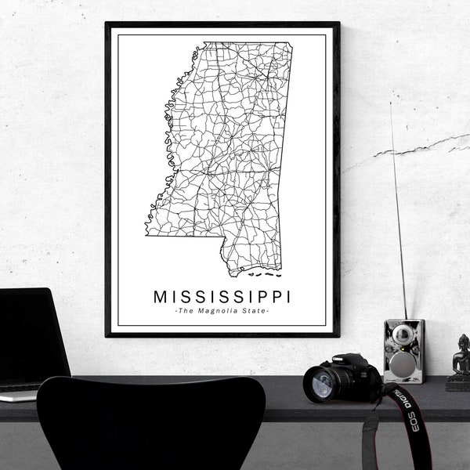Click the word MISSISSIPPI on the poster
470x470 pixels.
click(x=222, y=297)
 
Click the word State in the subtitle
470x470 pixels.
click(x=256, y=312)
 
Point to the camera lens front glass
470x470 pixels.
click(x=322, y=384)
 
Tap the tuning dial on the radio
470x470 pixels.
click(x=403, y=336)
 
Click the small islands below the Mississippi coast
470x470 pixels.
click(x=265, y=274)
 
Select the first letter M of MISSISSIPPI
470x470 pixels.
click(x=161, y=297)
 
